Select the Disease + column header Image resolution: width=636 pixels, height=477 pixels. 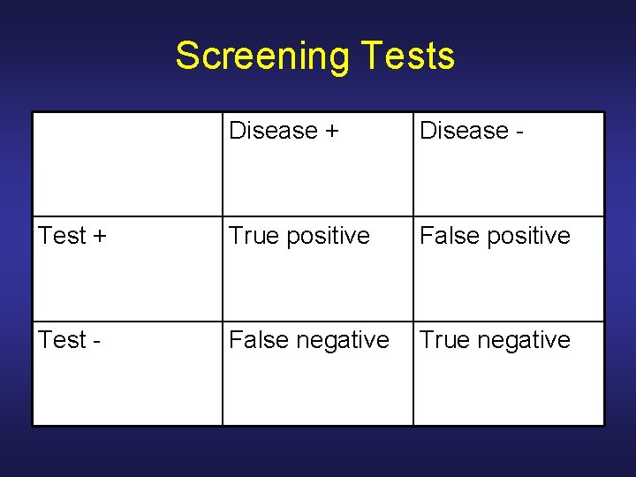point(284,131)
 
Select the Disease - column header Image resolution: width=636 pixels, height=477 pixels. point(473,131)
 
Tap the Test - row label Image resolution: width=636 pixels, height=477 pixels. point(69,340)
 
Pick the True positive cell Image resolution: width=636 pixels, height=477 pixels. point(299,236)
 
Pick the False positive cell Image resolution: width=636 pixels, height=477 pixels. point(495,236)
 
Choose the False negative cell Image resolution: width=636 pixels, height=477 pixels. point(308,340)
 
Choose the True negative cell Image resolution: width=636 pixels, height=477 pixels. point(495,340)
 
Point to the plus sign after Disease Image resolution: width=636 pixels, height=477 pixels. point(331,132)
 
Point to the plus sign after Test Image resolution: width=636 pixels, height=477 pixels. point(100,237)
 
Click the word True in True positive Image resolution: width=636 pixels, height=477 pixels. point(249,236)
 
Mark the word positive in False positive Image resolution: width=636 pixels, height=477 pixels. point(526,236)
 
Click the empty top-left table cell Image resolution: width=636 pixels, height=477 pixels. point(127,164)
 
